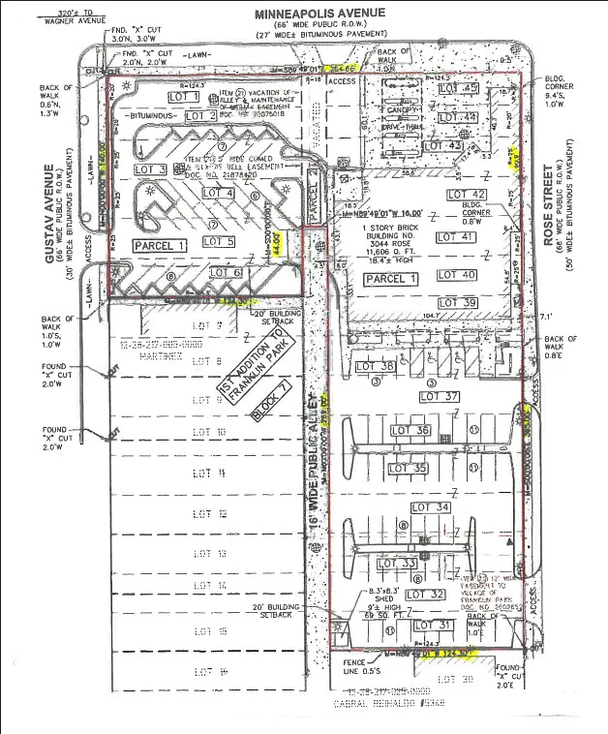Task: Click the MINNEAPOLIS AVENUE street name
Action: [x=319, y=13]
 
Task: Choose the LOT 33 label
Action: [x=397, y=564]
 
